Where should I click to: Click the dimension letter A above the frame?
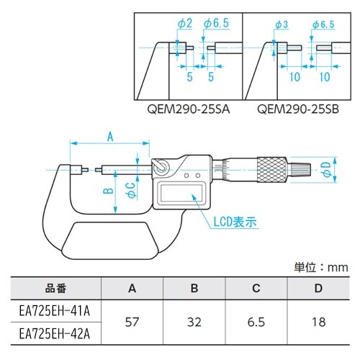tap(110, 135)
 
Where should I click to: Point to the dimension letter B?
tap(105, 191)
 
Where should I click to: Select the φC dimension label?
tap(130, 190)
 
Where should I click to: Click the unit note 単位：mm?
tap(321, 267)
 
